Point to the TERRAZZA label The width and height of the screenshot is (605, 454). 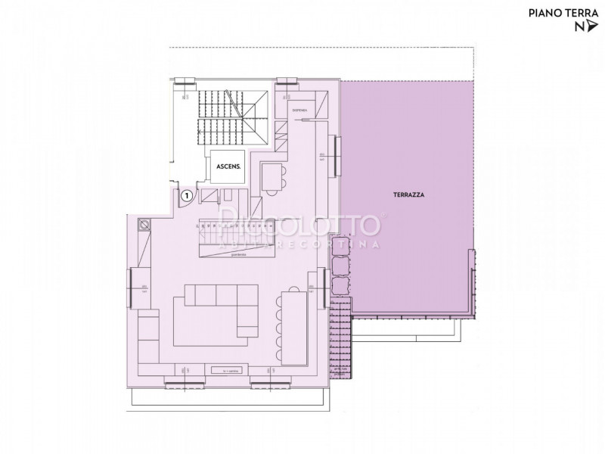point(408,194)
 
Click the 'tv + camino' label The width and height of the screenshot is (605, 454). point(222,371)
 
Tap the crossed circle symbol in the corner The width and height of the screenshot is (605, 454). point(144,224)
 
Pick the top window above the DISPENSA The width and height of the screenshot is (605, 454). point(287,81)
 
